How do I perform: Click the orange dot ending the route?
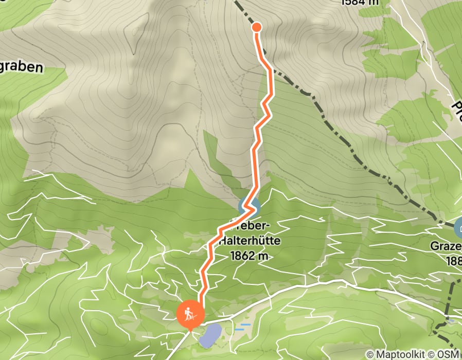pos(256,27)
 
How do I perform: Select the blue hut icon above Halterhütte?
pos(249,207)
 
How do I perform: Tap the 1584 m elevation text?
pos(360,2)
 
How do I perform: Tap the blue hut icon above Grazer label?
pos(459,226)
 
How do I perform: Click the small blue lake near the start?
pos(210,335)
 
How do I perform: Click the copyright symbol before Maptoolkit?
pos(370,354)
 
